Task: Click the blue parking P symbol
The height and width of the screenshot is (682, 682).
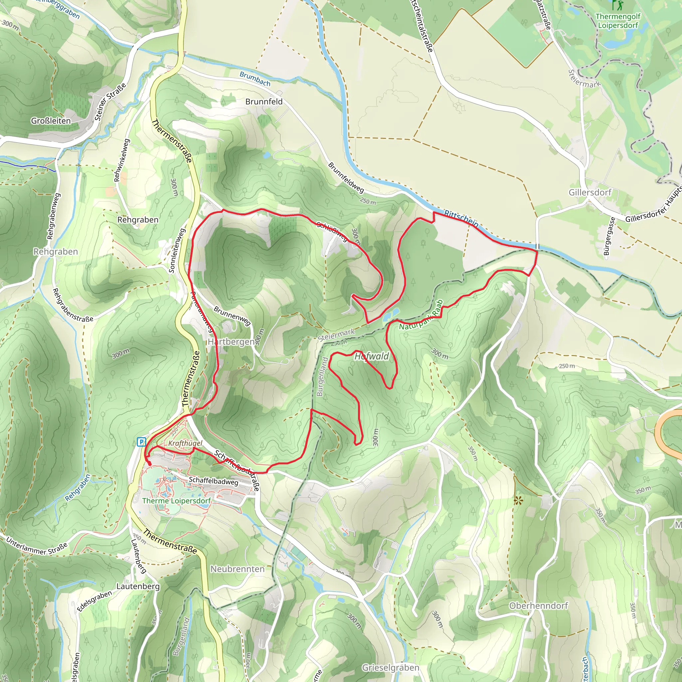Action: click(x=142, y=442)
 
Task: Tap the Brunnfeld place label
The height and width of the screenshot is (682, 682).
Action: click(x=264, y=102)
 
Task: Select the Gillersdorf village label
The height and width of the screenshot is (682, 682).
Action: click(x=589, y=192)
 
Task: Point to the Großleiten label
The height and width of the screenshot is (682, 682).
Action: click(x=51, y=121)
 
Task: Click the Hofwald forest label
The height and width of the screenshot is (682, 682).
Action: click(x=371, y=356)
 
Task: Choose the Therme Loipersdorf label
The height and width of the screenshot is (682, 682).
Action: click(x=176, y=501)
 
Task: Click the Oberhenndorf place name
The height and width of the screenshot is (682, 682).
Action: click(x=538, y=606)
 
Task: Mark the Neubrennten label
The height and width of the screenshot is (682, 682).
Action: click(x=237, y=569)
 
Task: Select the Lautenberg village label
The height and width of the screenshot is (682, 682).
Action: click(x=138, y=586)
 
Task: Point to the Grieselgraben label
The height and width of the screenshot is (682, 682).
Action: click(x=390, y=668)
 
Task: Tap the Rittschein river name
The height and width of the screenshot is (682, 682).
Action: click(x=461, y=219)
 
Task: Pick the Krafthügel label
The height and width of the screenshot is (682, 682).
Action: click(x=185, y=443)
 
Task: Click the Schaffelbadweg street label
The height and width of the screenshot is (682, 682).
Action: click(x=213, y=481)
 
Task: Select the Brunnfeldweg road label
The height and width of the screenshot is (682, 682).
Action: click(x=346, y=177)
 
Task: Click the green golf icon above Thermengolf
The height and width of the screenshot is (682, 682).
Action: click(x=617, y=5)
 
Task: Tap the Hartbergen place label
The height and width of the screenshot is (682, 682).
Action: click(x=231, y=342)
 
